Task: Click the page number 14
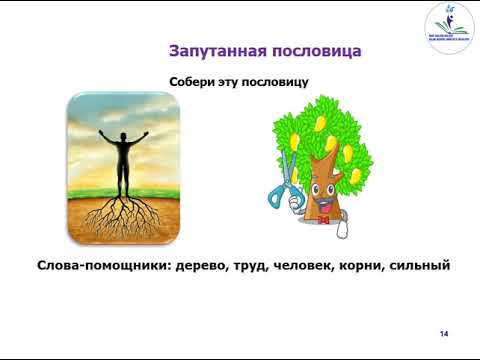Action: (445, 333)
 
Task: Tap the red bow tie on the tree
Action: (324, 212)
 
